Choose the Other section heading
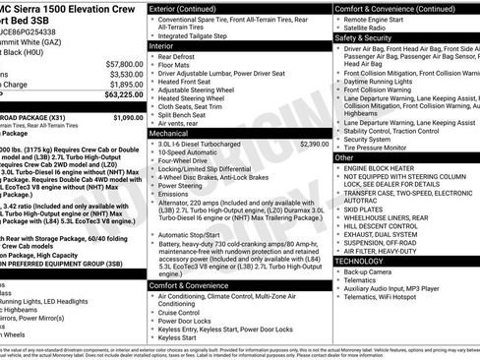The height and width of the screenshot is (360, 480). click(344, 157)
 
